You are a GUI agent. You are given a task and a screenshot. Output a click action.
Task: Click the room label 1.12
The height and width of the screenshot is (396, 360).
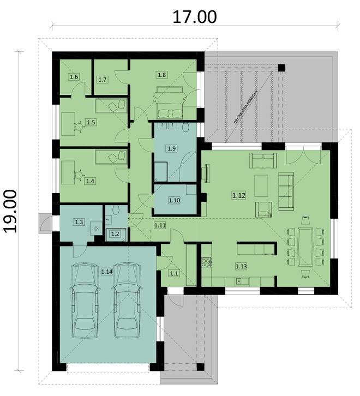[x=238, y=195]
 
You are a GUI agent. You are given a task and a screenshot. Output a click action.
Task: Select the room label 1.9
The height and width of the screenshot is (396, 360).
[x=171, y=148]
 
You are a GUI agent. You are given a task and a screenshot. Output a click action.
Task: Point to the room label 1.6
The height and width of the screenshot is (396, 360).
[x=74, y=77]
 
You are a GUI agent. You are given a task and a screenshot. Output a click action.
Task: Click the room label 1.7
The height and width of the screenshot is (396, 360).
[x=103, y=80]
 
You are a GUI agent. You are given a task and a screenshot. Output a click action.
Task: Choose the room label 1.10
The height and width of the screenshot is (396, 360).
[x=174, y=200]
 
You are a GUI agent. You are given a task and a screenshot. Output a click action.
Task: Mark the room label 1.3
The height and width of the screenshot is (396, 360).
[x=79, y=222]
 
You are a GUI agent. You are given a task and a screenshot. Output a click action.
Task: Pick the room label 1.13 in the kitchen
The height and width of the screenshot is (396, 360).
[x=241, y=266]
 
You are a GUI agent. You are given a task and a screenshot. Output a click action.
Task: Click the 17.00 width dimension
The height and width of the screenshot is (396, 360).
[x=194, y=17]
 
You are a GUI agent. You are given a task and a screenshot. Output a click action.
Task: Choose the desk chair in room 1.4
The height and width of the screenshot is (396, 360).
[x=80, y=175]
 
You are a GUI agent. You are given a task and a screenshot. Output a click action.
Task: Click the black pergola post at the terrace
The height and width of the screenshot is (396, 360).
[x=281, y=68]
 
